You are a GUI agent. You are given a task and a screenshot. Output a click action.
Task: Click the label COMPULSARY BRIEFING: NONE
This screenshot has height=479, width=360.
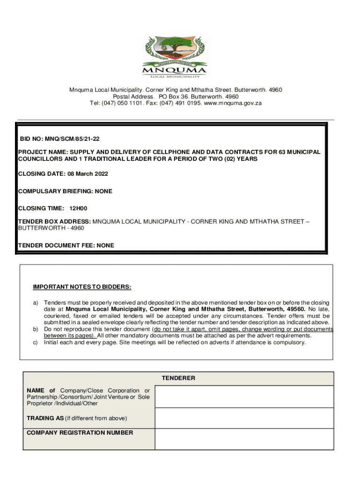pyautogui.click(x=65, y=191)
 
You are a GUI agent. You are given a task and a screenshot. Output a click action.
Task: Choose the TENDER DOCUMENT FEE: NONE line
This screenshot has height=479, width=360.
pyautogui.click(x=66, y=245)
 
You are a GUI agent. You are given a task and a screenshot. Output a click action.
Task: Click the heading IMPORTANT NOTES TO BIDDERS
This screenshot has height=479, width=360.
pyautogui.click(x=82, y=287)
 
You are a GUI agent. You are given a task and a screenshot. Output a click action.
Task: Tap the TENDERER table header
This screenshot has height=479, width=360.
pyautogui.click(x=178, y=378)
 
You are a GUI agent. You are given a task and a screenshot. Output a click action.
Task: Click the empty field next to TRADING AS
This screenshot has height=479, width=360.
pyautogui.click(x=244, y=418)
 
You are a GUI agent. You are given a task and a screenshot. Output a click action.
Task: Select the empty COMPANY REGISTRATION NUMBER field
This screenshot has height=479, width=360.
pyautogui.click(x=244, y=439)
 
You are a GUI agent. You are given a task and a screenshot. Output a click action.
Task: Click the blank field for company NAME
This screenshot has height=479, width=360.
pyautogui.click(x=244, y=397)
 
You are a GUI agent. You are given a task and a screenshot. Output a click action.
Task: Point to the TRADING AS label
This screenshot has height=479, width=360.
pyautogui.click(x=45, y=418)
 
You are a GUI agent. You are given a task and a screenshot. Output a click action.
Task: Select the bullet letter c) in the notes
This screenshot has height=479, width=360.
pyautogui.click(x=35, y=342)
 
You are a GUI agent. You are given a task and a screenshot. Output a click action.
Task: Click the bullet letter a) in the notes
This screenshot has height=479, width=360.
pyautogui.click(x=35, y=303)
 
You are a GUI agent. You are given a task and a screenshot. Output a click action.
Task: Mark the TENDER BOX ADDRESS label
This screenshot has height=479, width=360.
pyautogui.click(x=54, y=221)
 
